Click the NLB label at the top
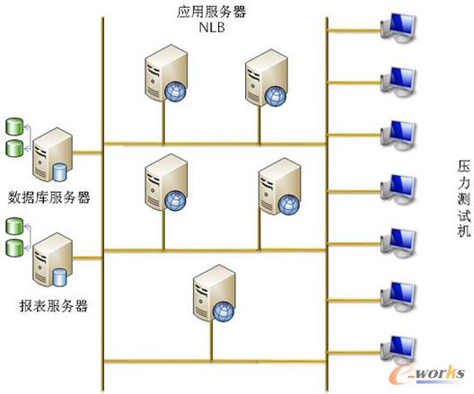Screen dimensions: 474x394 (x=212, y=28)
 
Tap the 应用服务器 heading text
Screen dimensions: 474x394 (x=212, y=12)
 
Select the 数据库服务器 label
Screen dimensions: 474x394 (x=49, y=197)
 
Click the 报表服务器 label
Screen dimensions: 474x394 (x=54, y=306)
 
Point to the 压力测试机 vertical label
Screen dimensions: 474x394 (x=463, y=199)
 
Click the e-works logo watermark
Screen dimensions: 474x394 (x=426, y=374)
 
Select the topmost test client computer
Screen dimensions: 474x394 (x=399, y=28)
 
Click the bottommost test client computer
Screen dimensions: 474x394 (x=399, y=351)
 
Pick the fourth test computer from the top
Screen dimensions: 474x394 (x=399, y=189)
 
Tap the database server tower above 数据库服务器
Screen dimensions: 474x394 (x=52, y=154)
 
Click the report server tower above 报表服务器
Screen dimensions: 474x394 (x=52, y=260)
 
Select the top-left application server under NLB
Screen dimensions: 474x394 (x=166, y=73)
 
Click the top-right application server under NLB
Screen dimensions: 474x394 (x=267, y=78)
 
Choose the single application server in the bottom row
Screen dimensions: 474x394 (x=215, y=293)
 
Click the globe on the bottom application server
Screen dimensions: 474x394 (x=224, y=311)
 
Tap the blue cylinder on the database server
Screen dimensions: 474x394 (x=59, y=172)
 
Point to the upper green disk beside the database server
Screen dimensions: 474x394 (x=14, y=127)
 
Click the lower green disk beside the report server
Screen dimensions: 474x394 (x=14, y=248)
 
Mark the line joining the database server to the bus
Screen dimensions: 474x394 (x=87, y=153)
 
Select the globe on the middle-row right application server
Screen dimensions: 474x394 (x=289, y=205)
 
